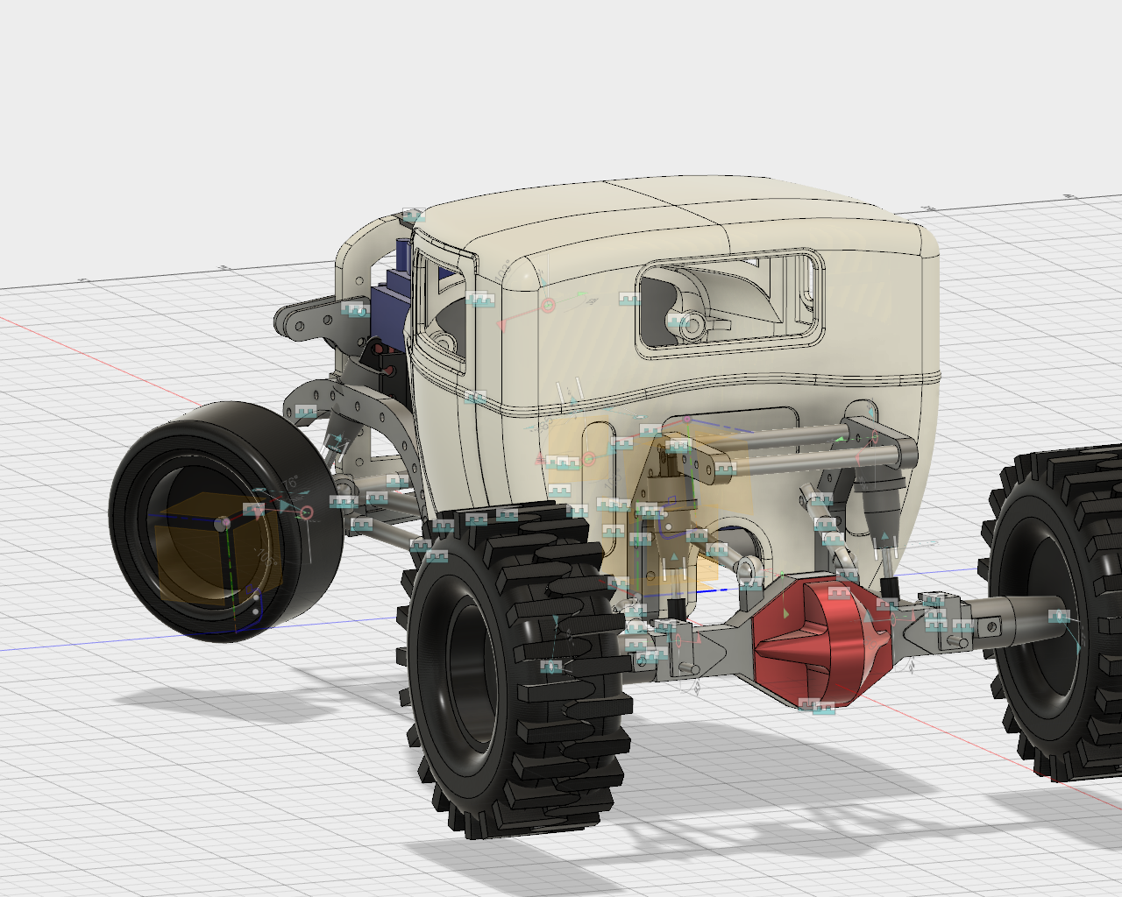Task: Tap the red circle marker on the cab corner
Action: [547, 306]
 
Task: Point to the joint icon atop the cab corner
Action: [412, 215]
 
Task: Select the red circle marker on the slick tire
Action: [306, 512]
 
